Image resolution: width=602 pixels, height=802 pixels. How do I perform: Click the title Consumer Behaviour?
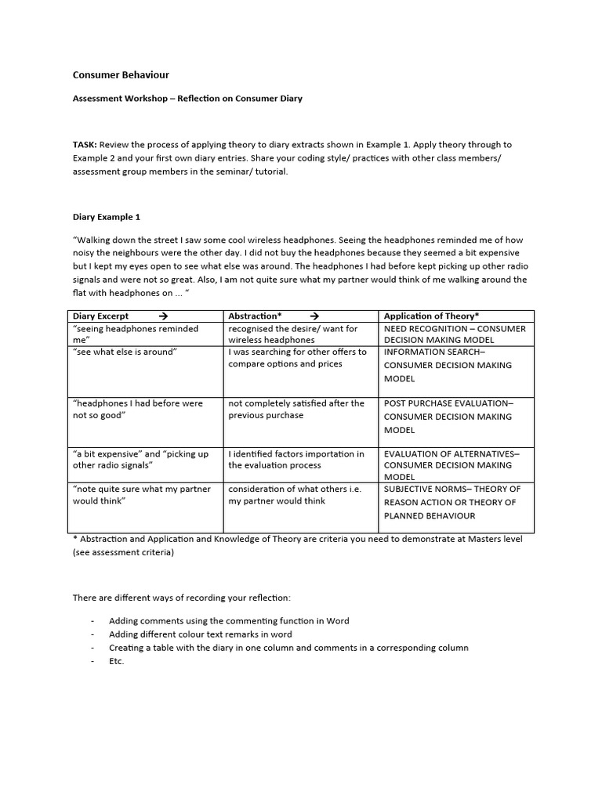(121, 75)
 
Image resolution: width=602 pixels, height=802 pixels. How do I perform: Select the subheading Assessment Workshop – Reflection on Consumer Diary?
(187, 99)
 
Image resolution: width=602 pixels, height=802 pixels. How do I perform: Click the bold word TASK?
(85, 145)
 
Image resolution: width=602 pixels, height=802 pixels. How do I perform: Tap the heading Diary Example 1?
(106, 217)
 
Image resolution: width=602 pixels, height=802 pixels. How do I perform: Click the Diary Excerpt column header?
(100, 316)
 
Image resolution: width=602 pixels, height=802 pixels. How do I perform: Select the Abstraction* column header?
(255, 316)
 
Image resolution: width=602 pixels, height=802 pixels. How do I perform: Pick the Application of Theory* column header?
(431, 316)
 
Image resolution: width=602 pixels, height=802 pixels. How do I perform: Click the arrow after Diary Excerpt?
(163, 316)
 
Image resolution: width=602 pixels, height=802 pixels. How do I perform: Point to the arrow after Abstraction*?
(314, 316)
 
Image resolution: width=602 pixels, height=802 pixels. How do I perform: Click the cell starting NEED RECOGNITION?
(455, 334)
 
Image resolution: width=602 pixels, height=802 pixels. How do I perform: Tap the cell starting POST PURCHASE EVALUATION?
(448, 416)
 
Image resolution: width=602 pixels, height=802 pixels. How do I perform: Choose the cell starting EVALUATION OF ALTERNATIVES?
(451, 464)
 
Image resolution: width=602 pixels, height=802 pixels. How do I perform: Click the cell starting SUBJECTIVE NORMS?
(450, 502)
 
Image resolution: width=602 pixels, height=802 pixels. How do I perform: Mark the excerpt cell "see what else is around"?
(125, 352)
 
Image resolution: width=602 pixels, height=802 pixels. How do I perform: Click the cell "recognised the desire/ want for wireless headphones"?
(293, 334)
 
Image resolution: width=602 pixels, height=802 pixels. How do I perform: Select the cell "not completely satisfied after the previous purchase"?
(296, 409)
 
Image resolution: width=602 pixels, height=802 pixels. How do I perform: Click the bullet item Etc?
(117, 661)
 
